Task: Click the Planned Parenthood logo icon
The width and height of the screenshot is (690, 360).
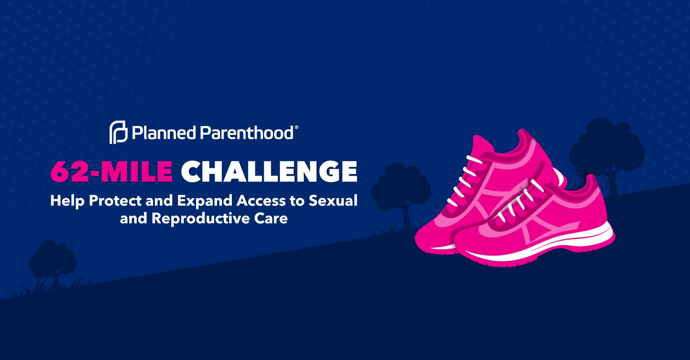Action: [x=119, y=132]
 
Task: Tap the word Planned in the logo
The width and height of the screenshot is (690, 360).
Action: [x=164, y=133]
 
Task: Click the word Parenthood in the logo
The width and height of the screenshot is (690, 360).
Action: [x=247, y=133]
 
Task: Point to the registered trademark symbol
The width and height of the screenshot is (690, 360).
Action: [x=296, y=127]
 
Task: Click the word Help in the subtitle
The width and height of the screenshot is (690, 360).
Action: [x=67, y=201]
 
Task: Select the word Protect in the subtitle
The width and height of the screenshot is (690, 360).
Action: [x=115, y=201]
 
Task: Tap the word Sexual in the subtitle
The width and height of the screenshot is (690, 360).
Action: [x=333, y=201]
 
